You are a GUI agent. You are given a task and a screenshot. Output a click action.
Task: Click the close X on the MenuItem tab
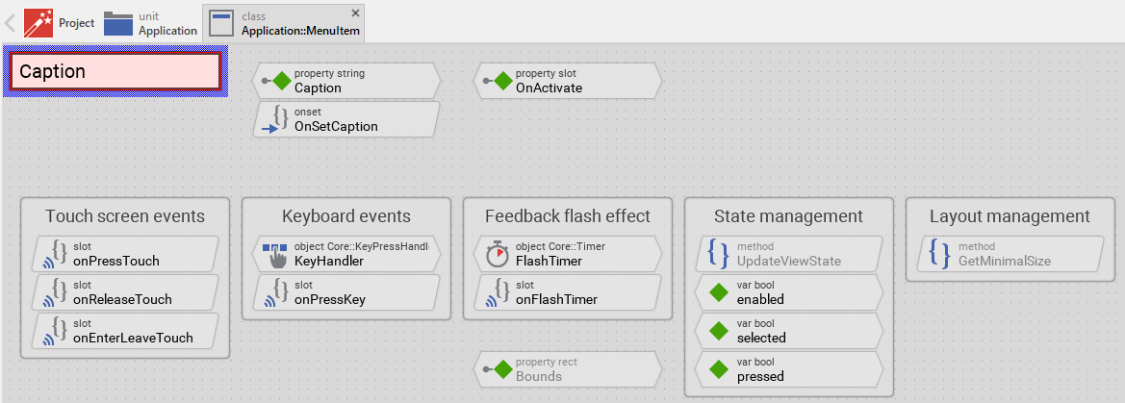356,13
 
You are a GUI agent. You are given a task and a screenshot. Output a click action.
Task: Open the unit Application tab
151,23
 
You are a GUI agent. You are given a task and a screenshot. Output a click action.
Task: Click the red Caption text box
115,71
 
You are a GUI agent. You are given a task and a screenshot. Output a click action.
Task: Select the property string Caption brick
346,81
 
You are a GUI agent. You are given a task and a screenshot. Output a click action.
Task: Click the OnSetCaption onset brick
346,119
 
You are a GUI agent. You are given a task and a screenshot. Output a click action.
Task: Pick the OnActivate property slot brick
568,81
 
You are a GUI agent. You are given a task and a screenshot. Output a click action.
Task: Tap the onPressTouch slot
125,254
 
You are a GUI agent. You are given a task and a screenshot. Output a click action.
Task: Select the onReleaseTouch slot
125,292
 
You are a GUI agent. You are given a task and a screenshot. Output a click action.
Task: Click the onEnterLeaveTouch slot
125,331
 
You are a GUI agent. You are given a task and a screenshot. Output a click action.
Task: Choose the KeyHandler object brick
346,254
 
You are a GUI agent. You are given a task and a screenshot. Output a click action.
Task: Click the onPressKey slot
346,292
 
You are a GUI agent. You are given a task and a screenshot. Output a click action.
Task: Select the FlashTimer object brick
568,254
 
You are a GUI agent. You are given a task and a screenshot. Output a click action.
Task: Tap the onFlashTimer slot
568,292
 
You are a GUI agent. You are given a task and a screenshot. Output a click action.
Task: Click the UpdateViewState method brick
789,254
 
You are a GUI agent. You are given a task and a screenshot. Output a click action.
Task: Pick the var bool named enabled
789,292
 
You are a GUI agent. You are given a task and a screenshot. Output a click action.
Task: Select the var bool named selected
789,331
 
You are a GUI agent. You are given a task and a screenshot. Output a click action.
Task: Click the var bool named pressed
789,369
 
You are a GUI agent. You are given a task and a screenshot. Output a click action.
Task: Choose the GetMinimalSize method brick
1010,254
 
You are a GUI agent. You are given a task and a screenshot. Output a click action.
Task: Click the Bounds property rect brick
568,369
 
